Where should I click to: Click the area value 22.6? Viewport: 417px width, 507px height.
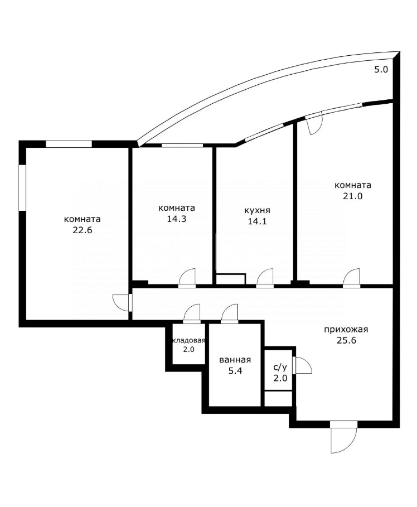[x=83, y=230]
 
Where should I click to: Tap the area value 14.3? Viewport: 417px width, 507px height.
[x=177, y=219]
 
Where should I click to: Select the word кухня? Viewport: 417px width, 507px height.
[x=257, y=210]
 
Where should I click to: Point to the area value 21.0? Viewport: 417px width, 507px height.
[x=353, y=196]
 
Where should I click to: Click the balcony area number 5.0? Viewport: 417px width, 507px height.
[x=381, y=69]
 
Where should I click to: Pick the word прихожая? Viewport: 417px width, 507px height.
[x=346, y=330]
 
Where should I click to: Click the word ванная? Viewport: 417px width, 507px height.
[x=235, y=360]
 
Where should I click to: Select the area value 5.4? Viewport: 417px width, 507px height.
[x=235, y=371]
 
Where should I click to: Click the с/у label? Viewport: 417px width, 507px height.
[x=280, y=368]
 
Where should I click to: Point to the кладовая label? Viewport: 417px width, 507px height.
[x=189, y=340]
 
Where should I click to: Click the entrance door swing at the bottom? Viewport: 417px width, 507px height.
[x=343, y=437]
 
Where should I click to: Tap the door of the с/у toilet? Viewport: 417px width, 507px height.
[x=302, y=365]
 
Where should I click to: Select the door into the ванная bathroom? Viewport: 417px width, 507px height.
[x=230, y=313]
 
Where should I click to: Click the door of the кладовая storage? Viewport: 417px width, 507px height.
[x=192, y=313]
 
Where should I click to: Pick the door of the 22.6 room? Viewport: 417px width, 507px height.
[x=122, y=303]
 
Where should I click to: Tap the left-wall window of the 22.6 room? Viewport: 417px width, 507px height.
[x=22, y=188]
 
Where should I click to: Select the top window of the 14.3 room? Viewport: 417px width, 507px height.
[x=182, y=145]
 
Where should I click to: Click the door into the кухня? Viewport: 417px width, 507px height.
[x=265, y=278]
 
